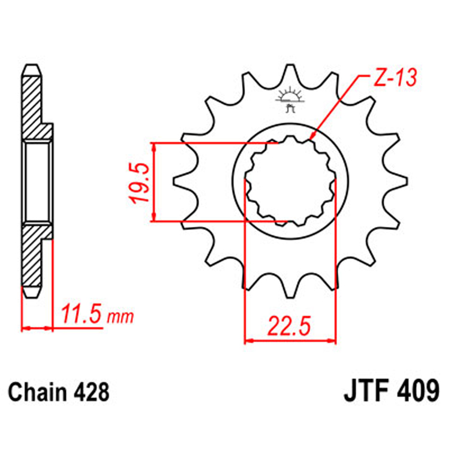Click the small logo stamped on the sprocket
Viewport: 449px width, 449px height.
pos(289,99)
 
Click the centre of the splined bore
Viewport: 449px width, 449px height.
pos(290,182)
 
